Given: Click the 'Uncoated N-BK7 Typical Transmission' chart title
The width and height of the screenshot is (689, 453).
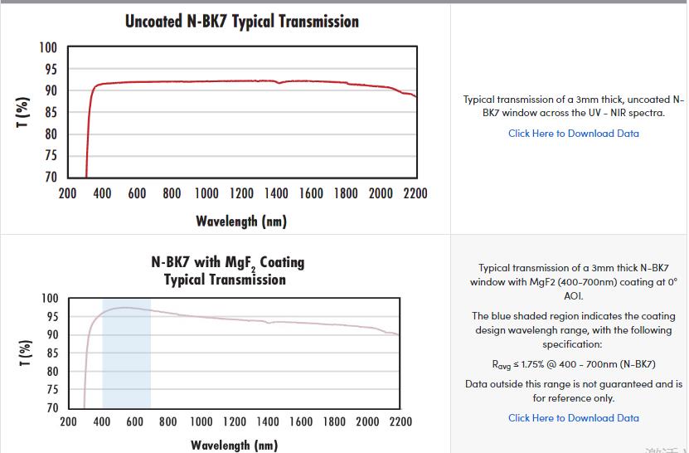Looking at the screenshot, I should tap(241, 22).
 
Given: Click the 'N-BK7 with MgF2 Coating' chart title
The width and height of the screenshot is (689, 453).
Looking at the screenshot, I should tap(227, 262).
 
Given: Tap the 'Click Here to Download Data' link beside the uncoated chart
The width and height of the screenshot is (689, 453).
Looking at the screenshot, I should tap(573, 134).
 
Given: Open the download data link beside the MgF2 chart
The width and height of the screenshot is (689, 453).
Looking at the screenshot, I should tap(573, 418).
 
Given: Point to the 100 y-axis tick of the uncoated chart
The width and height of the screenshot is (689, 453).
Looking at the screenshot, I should tap(48, 47).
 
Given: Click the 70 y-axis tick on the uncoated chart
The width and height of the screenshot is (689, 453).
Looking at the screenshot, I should tap(50, 177).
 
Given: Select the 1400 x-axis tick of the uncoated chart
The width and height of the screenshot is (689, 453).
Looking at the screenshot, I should tap(276, 194).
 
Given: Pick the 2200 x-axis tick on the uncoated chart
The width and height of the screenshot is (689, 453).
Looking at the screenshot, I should tap(415, 194).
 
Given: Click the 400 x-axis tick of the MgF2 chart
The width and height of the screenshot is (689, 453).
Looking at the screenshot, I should tap(102, 421).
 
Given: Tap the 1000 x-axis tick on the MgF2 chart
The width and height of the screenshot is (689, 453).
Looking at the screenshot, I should tap(201, 421).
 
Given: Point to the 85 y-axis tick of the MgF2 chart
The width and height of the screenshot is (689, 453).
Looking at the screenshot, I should tap(51, 353).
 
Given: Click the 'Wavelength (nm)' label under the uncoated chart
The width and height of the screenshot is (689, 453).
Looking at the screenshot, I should tap(241, 221).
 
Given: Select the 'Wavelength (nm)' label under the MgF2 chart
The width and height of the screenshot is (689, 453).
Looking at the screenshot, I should tap(234, 446).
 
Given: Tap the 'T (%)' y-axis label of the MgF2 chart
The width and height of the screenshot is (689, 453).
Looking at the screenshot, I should tap(25, 353).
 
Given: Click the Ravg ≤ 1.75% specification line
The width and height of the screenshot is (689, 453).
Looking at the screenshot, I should tap(573, 364).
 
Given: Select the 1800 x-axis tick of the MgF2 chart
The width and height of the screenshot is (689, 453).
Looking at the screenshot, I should tap(334, 421).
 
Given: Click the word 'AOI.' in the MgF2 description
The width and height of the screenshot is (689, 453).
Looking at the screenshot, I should tap(573, 296).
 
